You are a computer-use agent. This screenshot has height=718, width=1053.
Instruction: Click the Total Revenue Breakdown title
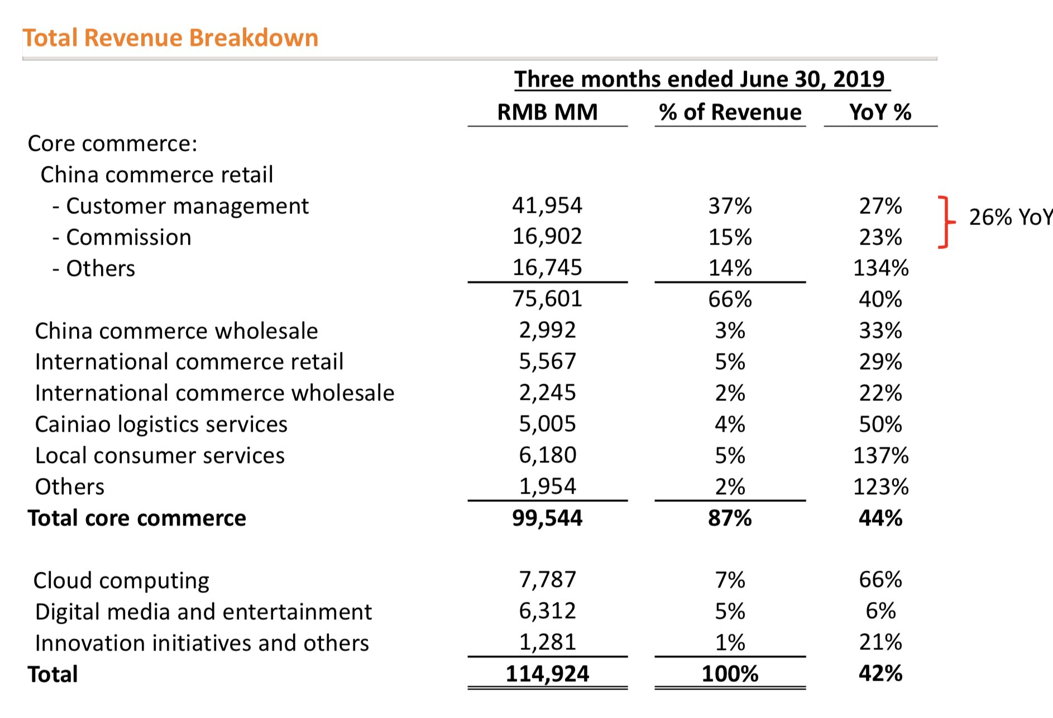170,38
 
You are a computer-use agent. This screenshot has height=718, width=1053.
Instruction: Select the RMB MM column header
547,112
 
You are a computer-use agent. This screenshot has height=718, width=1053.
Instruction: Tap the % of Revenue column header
730,112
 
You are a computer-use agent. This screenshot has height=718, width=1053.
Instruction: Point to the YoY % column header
880,112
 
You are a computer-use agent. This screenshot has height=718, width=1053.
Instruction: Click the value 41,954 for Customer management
547,205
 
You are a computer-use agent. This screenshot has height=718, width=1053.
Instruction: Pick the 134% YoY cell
880,268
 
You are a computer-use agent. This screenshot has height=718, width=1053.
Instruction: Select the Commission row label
128,237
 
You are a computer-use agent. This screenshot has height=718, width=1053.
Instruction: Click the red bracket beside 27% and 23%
945,222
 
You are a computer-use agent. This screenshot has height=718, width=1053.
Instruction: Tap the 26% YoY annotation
1009,217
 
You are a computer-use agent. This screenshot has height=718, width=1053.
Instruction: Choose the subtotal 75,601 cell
547,299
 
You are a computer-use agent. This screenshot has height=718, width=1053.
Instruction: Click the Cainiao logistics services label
161,424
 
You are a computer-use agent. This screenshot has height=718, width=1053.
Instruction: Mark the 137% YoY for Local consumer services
880,456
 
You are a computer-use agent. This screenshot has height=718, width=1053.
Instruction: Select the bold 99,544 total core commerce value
547,518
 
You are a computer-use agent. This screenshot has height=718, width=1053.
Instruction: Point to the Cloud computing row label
121,581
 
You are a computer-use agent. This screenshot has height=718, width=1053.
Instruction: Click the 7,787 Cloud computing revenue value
547,580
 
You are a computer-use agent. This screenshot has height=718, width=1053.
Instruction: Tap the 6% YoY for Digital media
880,611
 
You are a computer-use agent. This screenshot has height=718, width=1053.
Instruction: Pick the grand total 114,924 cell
547,673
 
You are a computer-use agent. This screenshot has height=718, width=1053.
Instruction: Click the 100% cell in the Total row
730,673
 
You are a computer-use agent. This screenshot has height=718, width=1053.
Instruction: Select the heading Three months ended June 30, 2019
699,79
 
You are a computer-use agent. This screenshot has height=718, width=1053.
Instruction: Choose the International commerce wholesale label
214,393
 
